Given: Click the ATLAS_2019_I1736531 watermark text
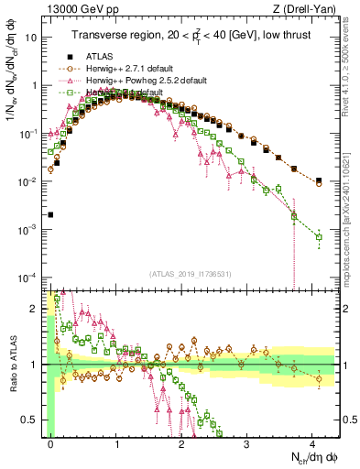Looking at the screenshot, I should (x=182, y=273).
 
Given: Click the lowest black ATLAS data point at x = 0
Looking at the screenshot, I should (x=50, y=214).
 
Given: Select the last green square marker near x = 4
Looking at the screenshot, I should (x=319, y=237).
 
